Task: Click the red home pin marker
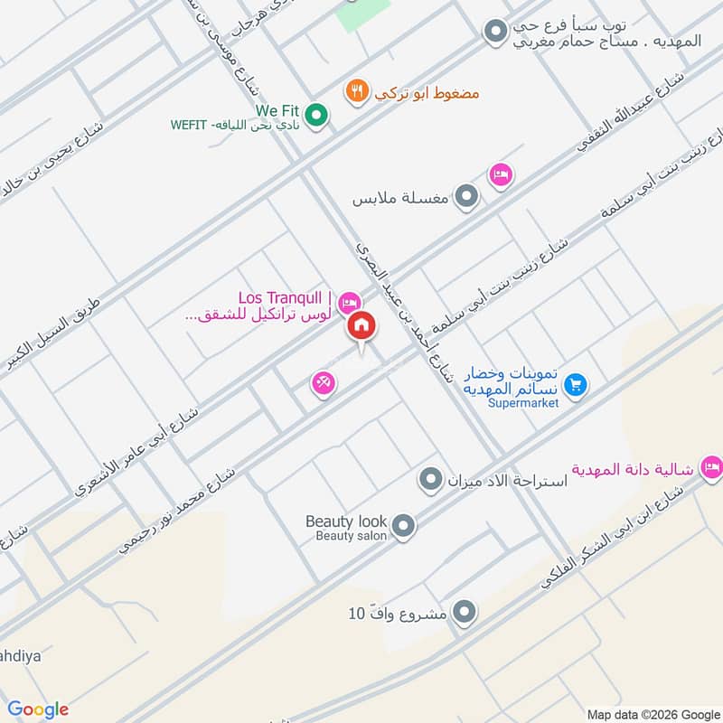click(x=361, y=326)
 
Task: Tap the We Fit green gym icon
click(x=315, y=116)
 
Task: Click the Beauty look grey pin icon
click(x=403, y=525)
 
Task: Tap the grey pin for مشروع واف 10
click(x=465, y=613)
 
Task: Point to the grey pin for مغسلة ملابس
click(x=465, y=195)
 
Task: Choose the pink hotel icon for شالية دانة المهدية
click(x=711, y=467)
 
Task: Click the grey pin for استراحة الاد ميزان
click(x=430, y=477)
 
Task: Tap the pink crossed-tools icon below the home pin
click(x=323, y=383)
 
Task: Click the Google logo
click(x=38, y=709)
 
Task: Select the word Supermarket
click(x=523, y=403)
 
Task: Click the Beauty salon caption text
click(x=351, y=536)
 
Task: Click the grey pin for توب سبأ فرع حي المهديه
click(x=494, y=33)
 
